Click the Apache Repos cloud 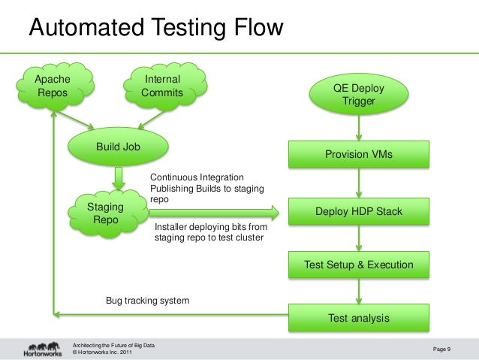[x=57, y=86]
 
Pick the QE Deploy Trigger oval [x=358, y=94]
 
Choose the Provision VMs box [x=358, y=154]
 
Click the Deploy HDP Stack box [x=358, y=211]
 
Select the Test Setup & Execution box [x=358, y=265]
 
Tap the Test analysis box [x=358, y=318]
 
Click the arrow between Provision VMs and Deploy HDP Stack [x=359, y=183]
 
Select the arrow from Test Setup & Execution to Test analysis [x=359, y=292]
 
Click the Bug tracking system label [x=147, y=301]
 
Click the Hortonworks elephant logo [x=42, y=346]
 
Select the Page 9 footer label [x=448, y=348]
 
